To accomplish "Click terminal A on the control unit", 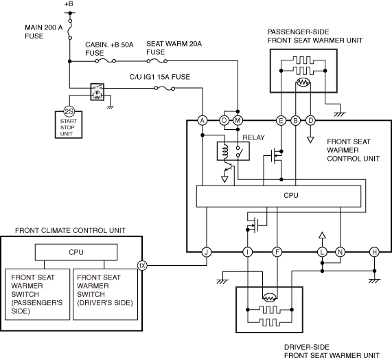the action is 203,121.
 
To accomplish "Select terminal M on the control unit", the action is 238,121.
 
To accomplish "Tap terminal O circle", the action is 224,121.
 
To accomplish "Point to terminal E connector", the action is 281,121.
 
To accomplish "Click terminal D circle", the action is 310,121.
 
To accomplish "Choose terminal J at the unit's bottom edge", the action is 207,252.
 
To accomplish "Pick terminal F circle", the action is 277,252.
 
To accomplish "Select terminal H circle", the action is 374,252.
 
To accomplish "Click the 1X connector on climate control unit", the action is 142,265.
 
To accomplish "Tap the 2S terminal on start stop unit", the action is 69,111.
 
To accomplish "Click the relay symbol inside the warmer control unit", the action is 233,151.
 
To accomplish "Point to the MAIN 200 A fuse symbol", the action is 70,29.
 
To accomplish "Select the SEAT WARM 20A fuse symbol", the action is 157,60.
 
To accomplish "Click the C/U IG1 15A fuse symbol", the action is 165,88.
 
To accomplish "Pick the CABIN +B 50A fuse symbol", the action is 105,60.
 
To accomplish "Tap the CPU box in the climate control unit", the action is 76,252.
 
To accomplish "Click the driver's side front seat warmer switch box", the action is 105,294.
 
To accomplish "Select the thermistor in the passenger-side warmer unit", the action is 303,82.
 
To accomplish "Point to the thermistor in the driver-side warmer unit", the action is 270,297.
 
